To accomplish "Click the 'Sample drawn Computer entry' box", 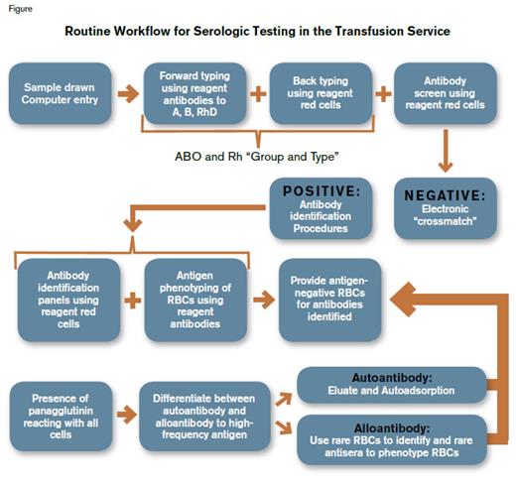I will coord(58,94).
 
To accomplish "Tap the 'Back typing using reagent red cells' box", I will coord(319,94).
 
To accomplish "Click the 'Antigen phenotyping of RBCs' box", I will coord(193,295).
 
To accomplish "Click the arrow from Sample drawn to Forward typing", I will coord(127,94).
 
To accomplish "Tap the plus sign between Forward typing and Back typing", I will coord(257,94).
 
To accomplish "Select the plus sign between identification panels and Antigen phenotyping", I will coord(131,296).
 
